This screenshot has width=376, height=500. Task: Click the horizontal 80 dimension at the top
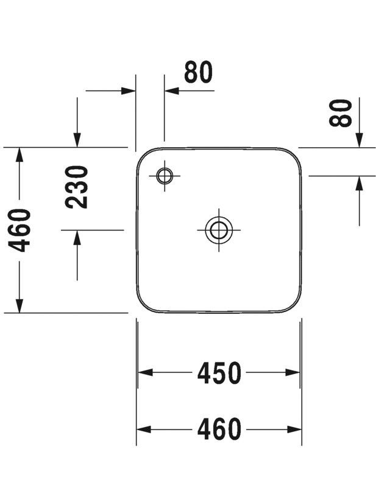[198, 72]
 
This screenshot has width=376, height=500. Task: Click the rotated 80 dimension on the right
[341, 113]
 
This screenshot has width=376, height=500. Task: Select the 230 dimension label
[76, 187]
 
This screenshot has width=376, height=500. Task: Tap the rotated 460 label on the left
[19, 230]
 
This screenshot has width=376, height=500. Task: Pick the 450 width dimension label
[219, 372]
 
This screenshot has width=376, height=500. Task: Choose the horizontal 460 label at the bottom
[219, 429]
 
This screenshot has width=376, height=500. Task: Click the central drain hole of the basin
[219, 229]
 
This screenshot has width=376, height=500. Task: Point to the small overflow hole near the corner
[165, 176]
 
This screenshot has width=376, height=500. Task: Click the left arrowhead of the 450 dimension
[145, 372]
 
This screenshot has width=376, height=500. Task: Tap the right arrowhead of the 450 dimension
[293, 372]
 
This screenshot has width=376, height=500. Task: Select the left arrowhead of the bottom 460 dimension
[144, 429]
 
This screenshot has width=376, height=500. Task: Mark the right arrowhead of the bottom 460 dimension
[294, 429]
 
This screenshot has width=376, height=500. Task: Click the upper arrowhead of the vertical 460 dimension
[20, 155]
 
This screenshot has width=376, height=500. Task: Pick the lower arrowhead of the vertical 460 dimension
[20, 305]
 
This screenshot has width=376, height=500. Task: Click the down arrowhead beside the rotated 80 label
[360, 141]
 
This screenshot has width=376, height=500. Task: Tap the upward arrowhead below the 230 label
[77, 238]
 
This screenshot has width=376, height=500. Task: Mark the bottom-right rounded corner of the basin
[291, 302]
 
